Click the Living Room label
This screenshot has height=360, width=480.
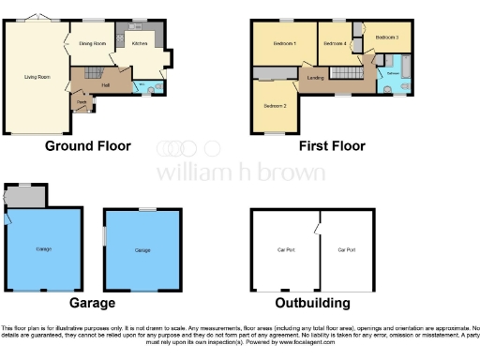[x=37, y=78]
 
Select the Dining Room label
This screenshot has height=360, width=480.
[x=91, y=44]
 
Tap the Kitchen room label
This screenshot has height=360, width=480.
[x=139, y=43]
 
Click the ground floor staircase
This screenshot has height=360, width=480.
[x=91, y=73]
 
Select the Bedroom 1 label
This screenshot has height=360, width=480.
[x=284, y=44]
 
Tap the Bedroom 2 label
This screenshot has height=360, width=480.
[x=274, y=105]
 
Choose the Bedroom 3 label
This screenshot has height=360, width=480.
[x=386, y=37]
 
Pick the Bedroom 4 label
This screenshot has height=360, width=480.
[x=334, y=44]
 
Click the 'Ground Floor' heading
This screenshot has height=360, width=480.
[x=87, y=146]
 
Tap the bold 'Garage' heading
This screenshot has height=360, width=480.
[x=91, y=303]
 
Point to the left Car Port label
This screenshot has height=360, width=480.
[x=286, y=250]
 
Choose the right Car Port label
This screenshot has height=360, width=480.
[x=347, y=250]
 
